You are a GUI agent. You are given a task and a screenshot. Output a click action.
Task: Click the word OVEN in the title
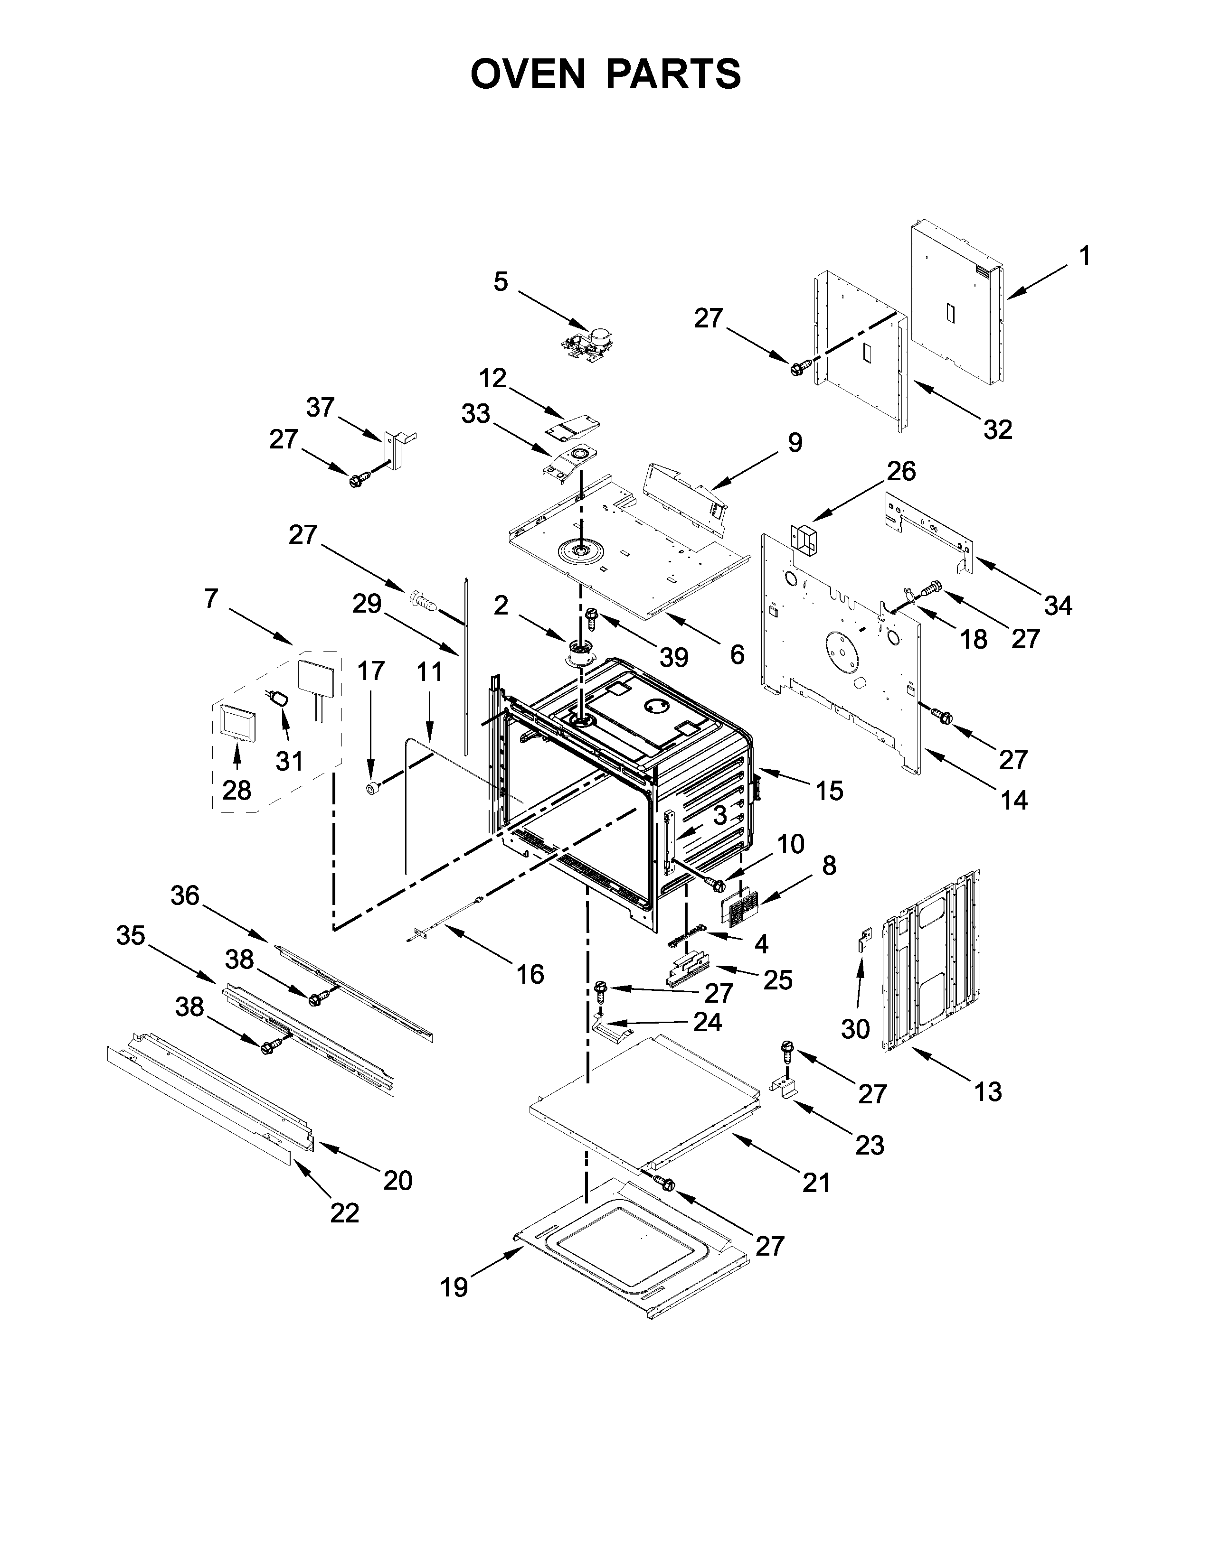click(528, 74)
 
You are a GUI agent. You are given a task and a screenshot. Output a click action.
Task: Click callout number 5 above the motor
click(500, 282)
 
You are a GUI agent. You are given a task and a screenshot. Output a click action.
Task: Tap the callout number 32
click(997, 429)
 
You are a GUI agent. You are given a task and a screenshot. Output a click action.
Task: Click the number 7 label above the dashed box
click(210, 597)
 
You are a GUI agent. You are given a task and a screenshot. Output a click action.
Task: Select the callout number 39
click(674, 656)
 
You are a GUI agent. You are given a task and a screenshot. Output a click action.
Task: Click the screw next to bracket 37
click(359, 479)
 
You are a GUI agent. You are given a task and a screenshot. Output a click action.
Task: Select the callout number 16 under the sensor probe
click(530, 974)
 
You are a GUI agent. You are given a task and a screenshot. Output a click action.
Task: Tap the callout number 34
click(1058, 605)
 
